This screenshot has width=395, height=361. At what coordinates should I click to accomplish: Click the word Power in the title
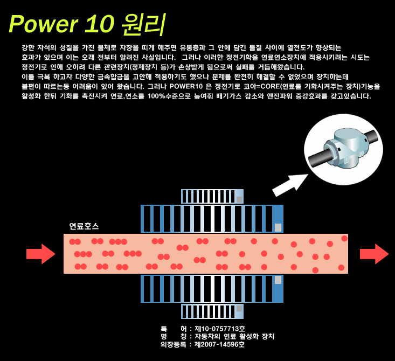(x=44, y=24)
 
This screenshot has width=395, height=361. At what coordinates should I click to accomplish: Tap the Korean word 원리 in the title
(x=143, y=24)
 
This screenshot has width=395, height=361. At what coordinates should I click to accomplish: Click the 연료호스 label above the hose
(x=84, y=226)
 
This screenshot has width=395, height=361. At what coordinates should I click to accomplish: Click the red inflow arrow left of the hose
(x=41, y=254)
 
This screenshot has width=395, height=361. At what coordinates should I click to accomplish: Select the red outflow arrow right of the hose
(x=375, y=254)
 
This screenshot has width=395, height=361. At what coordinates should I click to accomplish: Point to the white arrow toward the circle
(x=290, y=185)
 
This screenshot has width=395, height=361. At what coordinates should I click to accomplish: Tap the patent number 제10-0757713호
(x=220, y=329)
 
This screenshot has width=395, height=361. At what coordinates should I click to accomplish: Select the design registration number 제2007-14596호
(x=219, y=344)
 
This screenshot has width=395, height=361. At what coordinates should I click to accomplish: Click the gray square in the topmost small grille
(x=239, y=199)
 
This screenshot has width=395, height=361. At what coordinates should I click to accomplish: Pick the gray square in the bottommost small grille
(x=239, y=308)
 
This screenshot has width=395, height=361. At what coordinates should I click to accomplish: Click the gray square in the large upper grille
(x=278, y=227)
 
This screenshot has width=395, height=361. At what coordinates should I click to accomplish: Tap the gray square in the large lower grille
(x=278, y=280)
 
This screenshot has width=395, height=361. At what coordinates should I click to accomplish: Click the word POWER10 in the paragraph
(x=186, y=86)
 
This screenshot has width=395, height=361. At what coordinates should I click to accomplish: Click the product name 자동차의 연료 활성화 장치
(x=234, y=337)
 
